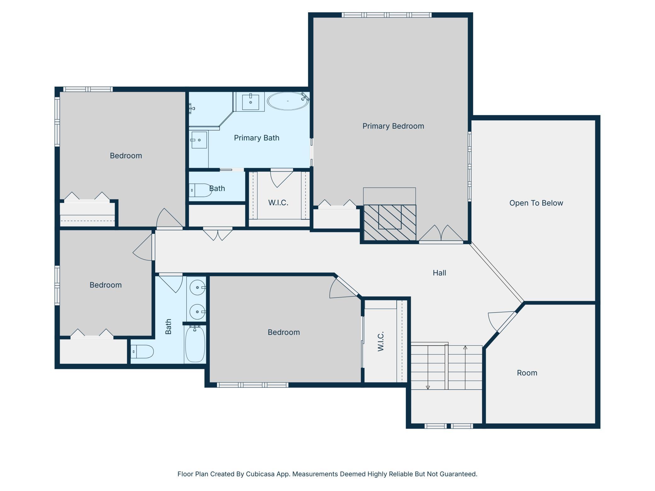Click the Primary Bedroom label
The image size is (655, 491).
(393, 126)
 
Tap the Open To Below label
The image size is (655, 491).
(536, 203)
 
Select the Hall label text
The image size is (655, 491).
(439, 273)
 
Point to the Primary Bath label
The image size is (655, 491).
(257, 138)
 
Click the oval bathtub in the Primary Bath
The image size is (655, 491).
(288, 101)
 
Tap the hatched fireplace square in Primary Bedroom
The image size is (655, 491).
(390, 223)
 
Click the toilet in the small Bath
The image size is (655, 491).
(201, 190)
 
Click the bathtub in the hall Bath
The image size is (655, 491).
(195, 344)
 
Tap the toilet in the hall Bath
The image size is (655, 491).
(142, 352)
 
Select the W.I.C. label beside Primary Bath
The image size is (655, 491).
(278, 203)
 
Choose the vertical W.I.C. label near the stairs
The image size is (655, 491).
(380, 341)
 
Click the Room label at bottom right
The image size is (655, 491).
(527, 373)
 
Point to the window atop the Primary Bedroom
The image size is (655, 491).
(387, 15)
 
